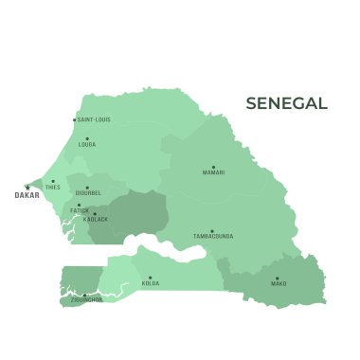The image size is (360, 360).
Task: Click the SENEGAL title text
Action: pos(286,103)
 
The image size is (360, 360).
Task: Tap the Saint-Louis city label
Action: pos(94,120)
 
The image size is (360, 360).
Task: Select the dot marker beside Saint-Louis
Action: pos(75,120)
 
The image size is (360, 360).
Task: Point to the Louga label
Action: pos(87,145)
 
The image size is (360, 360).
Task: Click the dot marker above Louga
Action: pos(87,138)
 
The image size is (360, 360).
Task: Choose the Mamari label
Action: pos(213,172)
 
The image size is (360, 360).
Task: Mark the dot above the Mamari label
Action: pos(213,166)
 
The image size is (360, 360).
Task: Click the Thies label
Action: pos(52,188)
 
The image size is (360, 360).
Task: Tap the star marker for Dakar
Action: pos(27,187)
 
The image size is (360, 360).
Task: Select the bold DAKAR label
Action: pos(27,196)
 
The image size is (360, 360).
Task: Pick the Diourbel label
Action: pos(88,194)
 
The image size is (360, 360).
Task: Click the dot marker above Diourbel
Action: pos(88,188)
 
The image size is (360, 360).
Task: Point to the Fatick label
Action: pos(80,210)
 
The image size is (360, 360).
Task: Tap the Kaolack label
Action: pos(96,219)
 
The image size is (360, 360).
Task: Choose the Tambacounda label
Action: pos(213,236)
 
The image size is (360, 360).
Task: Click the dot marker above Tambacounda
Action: pos(212,229)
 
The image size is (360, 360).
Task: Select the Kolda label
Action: pos(151,283)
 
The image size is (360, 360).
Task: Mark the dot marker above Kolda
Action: pos(151,277)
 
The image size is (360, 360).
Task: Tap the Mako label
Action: pos(279,283)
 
